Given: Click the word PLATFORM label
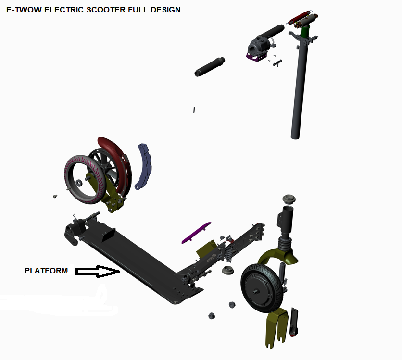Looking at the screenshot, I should pyautogui.click(x=46, y=271).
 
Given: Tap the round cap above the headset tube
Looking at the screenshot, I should pyautogui.click(x=289, y=199).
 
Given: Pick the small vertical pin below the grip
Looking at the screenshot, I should pyautogui.click(x=194, y=110).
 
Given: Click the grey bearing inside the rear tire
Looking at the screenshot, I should pyautogui.click(x=78, y=183).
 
